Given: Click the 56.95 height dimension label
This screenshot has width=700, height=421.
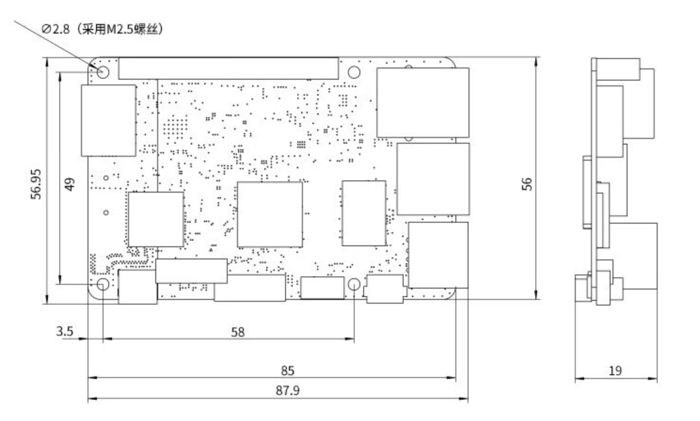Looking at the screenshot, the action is tap(36, 183).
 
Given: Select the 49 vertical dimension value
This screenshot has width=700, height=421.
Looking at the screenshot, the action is tap(70, 184).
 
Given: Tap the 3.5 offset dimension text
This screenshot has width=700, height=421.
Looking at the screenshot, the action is tap(65, 331).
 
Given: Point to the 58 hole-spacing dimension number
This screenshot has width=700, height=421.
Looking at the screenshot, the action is tap(238, 332).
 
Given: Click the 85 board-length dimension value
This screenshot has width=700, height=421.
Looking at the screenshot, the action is tap(287, 371).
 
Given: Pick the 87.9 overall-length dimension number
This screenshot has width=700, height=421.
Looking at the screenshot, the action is tap(287, 391).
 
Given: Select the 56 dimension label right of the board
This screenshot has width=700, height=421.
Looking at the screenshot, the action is tap(528, 184).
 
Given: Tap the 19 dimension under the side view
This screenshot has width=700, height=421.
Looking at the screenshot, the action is tap(615, 371).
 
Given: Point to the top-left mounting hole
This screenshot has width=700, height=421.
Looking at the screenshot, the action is tap(103, 72).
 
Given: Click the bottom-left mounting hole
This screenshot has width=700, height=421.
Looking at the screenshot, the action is tap(103, 284).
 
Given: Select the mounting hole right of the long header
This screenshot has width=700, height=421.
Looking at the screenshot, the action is tap(354, 72).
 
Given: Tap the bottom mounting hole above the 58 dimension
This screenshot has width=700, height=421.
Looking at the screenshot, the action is tap(354, 284).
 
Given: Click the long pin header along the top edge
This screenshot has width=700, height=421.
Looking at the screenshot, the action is tap(228, 68).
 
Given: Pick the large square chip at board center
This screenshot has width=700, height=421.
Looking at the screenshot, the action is tap(270, 215).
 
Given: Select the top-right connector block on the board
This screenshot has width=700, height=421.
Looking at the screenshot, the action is tap(423, 103).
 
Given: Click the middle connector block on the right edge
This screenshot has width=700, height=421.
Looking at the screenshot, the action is tap(433, 179).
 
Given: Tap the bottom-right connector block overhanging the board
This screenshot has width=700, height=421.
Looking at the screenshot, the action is tap(438, 255).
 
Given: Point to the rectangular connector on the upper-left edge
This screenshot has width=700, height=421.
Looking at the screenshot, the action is tap(109, 120).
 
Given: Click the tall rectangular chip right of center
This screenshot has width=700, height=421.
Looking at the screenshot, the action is tap(364, 213).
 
